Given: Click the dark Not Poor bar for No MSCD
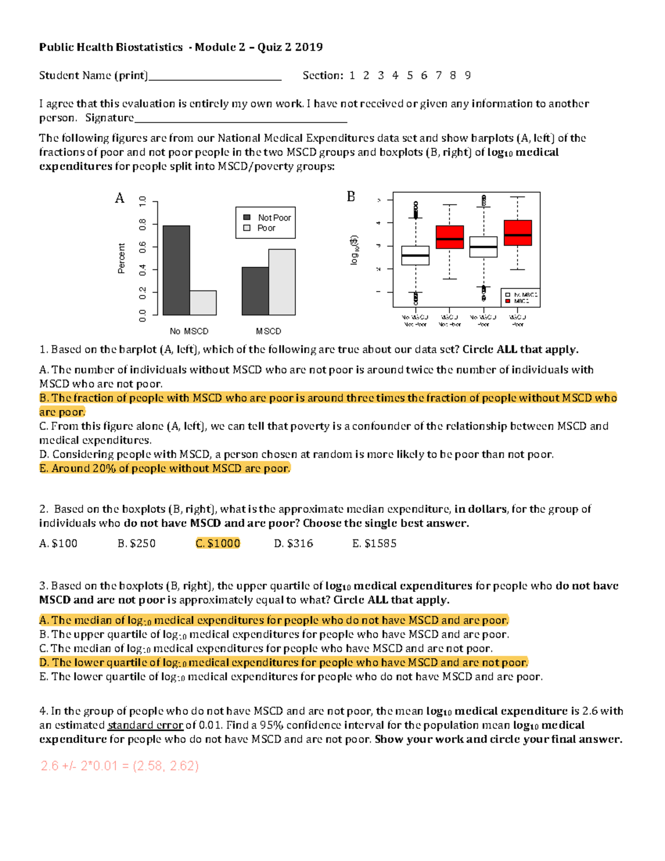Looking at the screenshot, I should point(176,270).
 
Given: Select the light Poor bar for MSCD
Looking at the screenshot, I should point(282,282).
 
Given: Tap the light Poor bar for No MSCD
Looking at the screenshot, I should point(203,303).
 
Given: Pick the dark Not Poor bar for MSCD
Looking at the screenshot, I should point(255,291).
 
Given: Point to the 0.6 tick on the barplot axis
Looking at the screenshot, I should point(144,247).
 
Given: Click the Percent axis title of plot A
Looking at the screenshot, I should point(121,258).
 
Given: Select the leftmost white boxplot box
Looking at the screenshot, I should point(415,256).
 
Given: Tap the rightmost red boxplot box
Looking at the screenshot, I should point(518,233).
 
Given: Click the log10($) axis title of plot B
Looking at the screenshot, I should point(354,250).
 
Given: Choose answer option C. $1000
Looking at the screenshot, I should point(218,543).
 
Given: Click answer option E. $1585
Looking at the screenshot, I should point(374,543).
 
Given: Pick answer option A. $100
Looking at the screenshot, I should point(58,543).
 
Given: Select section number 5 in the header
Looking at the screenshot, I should point(410,75).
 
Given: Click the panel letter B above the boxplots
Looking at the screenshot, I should point(351,196).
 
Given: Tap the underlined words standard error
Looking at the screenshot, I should point(145,725).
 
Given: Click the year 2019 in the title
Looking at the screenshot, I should point(309,47).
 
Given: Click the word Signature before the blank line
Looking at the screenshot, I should point(109,118).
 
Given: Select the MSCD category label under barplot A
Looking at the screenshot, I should point(268,331).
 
